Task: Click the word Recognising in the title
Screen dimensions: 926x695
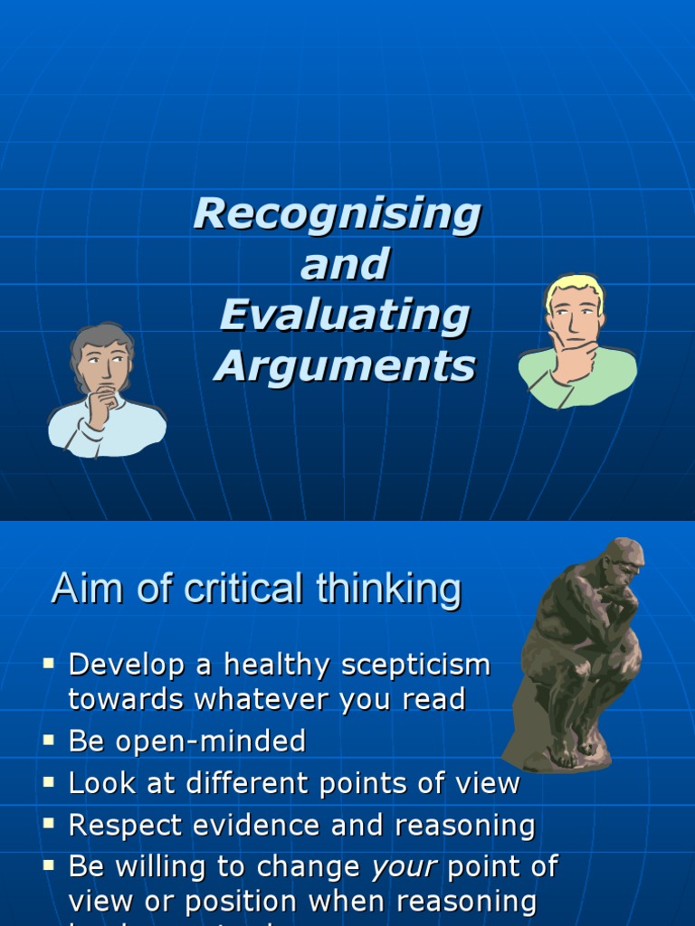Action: tap(337, 214)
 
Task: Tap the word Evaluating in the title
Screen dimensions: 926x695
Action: tap(344, 316)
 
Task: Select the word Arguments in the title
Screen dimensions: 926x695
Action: tap(344, 366)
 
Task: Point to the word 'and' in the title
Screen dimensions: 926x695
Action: tap(344, 265)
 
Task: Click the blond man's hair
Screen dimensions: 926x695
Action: tap(574, 288)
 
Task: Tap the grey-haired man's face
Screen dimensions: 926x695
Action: tap(104, 363)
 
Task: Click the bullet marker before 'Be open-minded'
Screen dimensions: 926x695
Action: tap(49, 741)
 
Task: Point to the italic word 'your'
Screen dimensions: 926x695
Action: tap(405, 866)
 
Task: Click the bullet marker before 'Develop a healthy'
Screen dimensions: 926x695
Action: tap(49, 664)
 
